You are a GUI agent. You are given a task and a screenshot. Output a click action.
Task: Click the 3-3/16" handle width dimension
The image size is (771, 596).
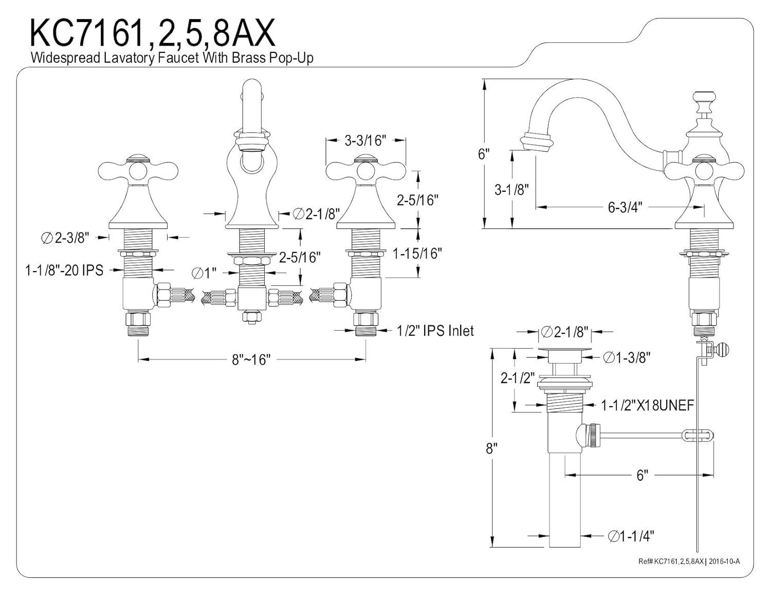pos(365,140)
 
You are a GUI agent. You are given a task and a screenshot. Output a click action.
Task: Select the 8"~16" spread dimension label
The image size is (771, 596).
pos(250,359)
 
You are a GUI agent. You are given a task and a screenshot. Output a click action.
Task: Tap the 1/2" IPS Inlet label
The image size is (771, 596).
pos(435,331)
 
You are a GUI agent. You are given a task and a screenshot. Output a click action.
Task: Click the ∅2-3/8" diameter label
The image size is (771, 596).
pos(65,237)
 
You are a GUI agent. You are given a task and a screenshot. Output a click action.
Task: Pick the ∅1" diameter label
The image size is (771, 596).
pos(204,273)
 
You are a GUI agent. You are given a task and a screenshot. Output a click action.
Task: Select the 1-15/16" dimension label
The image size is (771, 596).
pos(417,253)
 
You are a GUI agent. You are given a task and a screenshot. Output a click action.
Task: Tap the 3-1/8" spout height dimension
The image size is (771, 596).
pos(511,190)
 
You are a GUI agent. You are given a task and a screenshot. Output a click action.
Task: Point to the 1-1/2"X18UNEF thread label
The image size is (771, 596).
pos(648,405)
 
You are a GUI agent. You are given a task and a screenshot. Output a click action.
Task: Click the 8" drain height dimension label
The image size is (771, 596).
pos(492,448)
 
